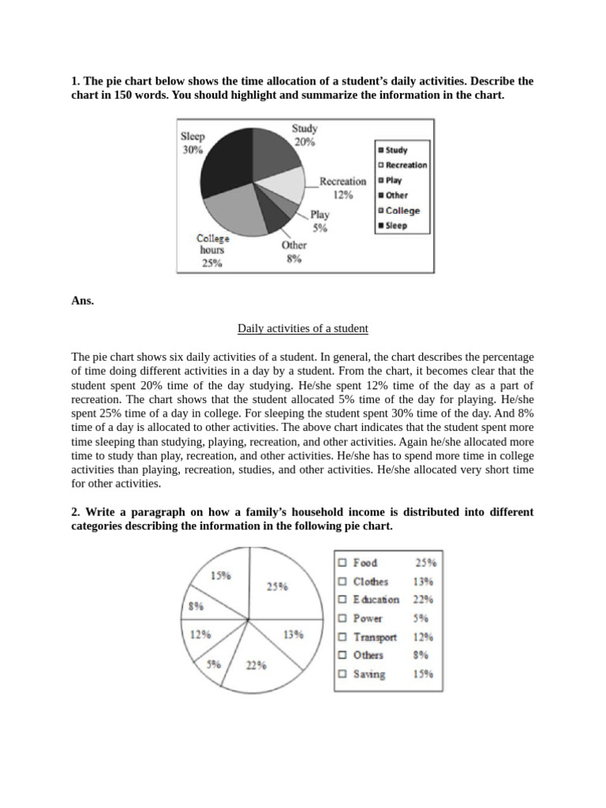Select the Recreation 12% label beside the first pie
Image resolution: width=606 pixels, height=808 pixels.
point(342,188)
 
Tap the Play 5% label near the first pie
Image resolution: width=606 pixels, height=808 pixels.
point(320,221)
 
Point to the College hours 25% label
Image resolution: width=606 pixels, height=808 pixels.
point(212,250)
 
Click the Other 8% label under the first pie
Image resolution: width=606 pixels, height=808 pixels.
point(294,251)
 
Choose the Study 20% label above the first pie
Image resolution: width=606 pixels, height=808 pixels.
point(305,135)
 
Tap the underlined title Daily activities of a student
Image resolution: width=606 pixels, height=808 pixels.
point(302,327)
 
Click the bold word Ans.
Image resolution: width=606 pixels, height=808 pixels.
point(82,300)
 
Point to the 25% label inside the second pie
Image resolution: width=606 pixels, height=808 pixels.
point(276,586)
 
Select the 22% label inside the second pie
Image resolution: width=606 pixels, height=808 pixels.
point(255,665)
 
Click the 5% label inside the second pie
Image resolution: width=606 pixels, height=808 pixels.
point(214,664)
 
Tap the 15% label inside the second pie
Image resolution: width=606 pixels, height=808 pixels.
point(221,575)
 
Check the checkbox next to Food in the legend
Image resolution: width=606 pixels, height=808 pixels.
point(342,563)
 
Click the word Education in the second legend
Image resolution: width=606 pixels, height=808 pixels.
point(376,600)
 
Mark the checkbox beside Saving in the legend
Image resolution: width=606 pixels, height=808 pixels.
point(342,675)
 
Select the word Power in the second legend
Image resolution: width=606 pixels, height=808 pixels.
point(368,619)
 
